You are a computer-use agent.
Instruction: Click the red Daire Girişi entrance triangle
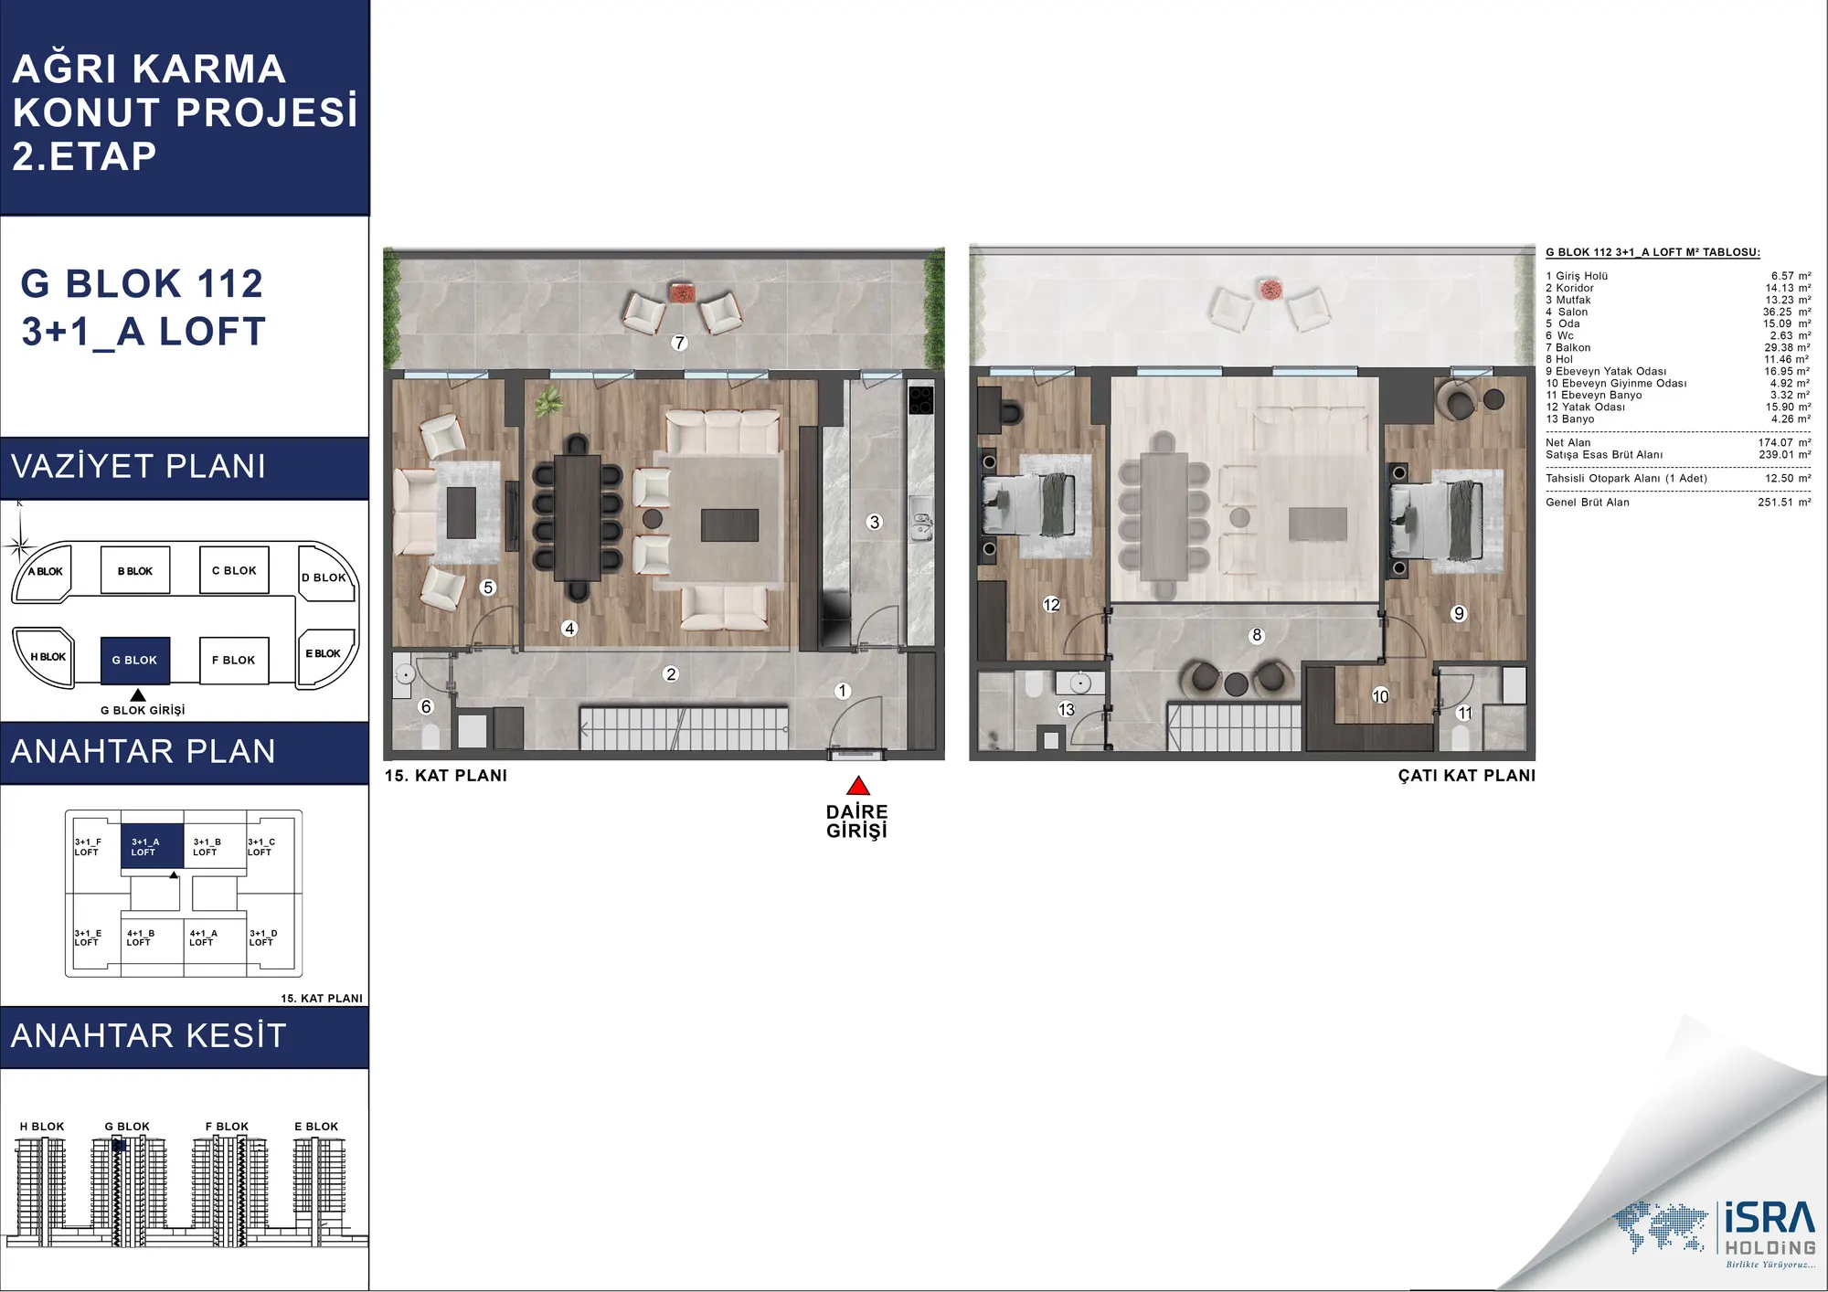[x=857, y=786]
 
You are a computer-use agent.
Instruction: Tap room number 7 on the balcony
[x=678, y=343]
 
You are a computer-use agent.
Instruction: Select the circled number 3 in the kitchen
[x=874, y=522]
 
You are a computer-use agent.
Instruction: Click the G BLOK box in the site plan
[x=135, y=660]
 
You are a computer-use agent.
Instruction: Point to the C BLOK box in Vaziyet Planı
[x=234, y=570]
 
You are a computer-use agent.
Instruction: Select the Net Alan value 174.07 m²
[x=1784, y=442]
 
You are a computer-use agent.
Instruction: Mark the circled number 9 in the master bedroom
[x=1459, y=613]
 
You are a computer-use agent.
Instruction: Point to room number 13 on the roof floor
[x=1066, y=709]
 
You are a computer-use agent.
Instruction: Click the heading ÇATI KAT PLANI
[x=1466, y=775]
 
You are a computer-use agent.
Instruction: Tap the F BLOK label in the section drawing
[x=227, y=1127]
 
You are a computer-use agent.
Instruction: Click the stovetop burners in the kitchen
[x=920, y=400]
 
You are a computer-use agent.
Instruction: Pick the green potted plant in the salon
[x=548, y=402]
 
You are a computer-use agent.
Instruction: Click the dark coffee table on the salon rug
[x=729, y=524]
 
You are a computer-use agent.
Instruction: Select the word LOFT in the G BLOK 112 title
[x=212, y=332]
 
